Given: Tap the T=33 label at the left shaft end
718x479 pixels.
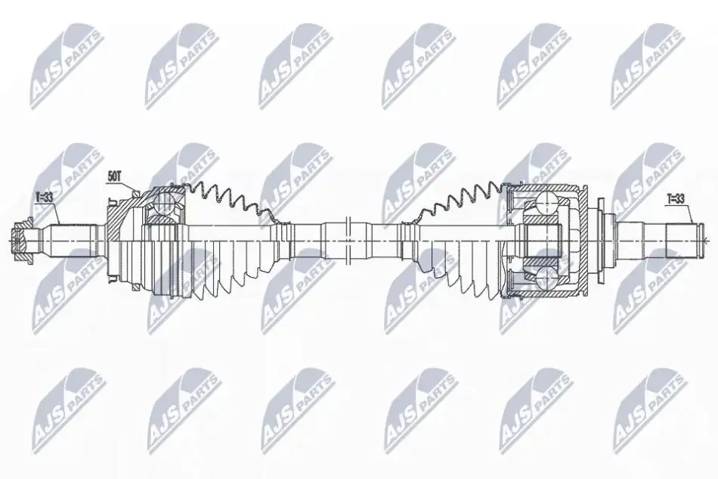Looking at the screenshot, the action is click(x=44, y=197).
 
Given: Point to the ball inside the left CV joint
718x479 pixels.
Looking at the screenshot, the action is click(x=163, y=202).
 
